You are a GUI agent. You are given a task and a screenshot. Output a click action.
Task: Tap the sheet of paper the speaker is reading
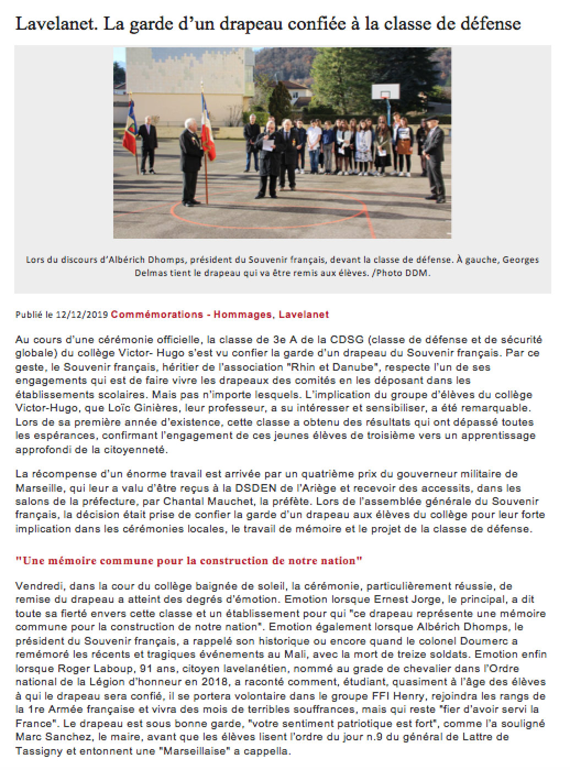[268, 145]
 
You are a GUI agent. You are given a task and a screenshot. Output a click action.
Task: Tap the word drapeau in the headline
[243, 24]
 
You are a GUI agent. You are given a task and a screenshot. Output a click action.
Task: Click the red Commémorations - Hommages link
[191, 315]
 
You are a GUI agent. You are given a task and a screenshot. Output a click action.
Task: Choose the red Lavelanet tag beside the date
[303, 315]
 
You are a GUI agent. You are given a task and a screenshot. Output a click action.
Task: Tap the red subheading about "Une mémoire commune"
[189, 561]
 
